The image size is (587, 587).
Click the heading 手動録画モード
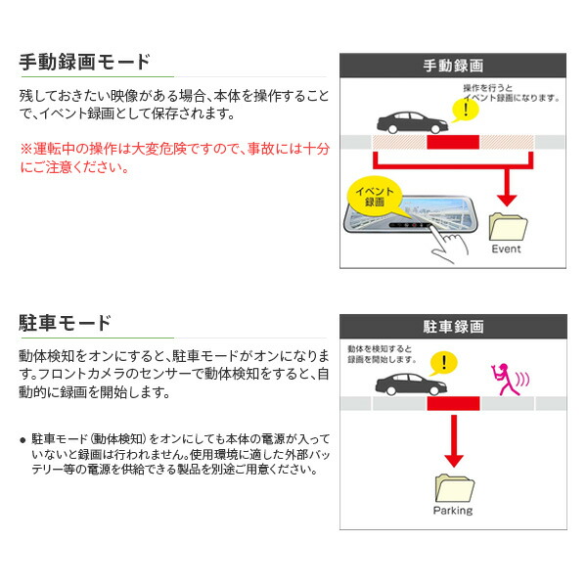86,63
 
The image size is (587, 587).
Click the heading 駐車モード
66,323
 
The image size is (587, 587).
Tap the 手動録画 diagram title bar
453,66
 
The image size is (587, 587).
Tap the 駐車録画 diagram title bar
453,326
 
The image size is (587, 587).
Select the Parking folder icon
452,486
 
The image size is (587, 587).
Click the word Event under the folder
506,249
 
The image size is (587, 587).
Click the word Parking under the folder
452,511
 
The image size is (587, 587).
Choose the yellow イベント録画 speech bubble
374,195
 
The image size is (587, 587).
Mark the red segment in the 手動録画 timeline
452,143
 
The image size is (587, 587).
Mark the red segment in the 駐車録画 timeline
452,403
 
